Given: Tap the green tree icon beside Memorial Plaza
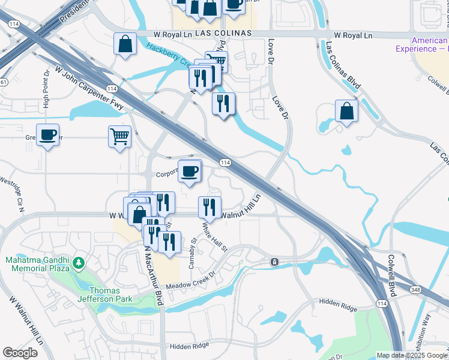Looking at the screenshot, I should pos(79,263).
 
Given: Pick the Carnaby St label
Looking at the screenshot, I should pos(193,253).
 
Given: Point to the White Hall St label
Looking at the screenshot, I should pos(215,238).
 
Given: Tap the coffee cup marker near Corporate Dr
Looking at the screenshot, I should pos(190,171).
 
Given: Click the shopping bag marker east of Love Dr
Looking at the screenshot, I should pos(347,110).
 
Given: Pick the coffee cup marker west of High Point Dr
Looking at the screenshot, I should pos(47,134).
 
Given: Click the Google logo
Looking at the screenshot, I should pos(20,352).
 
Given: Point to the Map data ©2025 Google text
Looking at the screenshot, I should pos(412,355).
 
